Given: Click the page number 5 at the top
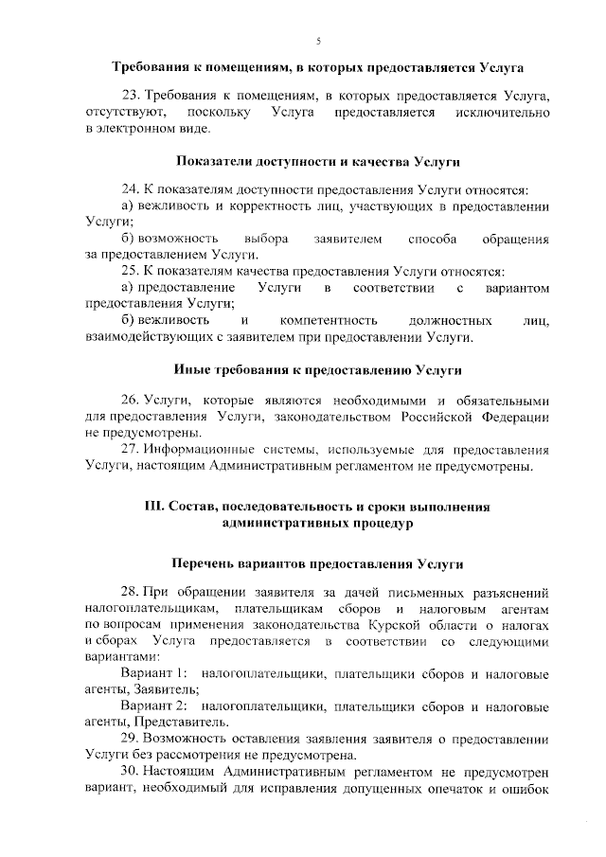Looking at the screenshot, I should click(318, 40).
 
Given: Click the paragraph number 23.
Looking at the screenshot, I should click(131, 97).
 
